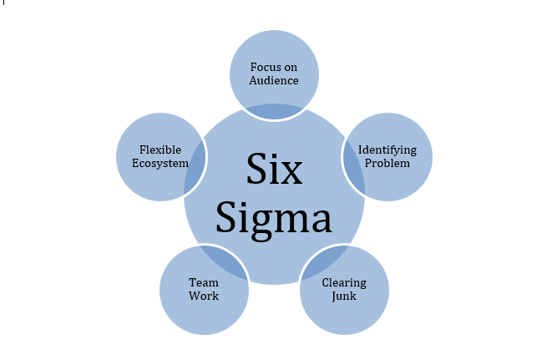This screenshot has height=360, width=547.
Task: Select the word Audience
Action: pyautogui.click(x=275, y=80)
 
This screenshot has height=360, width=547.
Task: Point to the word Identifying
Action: pyautogui.click(x=387, y=150)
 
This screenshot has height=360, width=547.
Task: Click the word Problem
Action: pyautogui.click(x=388, y=163)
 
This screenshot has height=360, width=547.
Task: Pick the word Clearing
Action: pyautogui.click(x=344, y=283)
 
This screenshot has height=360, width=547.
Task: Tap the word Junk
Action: pyautogui.click(x=344, y=297)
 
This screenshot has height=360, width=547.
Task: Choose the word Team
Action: pyautogui.click(x=204, y=283)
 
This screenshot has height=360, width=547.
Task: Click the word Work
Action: pyautogui.click(x=204, y=297)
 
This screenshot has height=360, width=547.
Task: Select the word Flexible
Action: pyautogui.click(x=160, y=150)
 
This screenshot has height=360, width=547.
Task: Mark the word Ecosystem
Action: pyautogui.click(x=160, y=163)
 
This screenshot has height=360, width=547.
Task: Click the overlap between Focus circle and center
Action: pyautogui.click(x=275, y=111)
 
